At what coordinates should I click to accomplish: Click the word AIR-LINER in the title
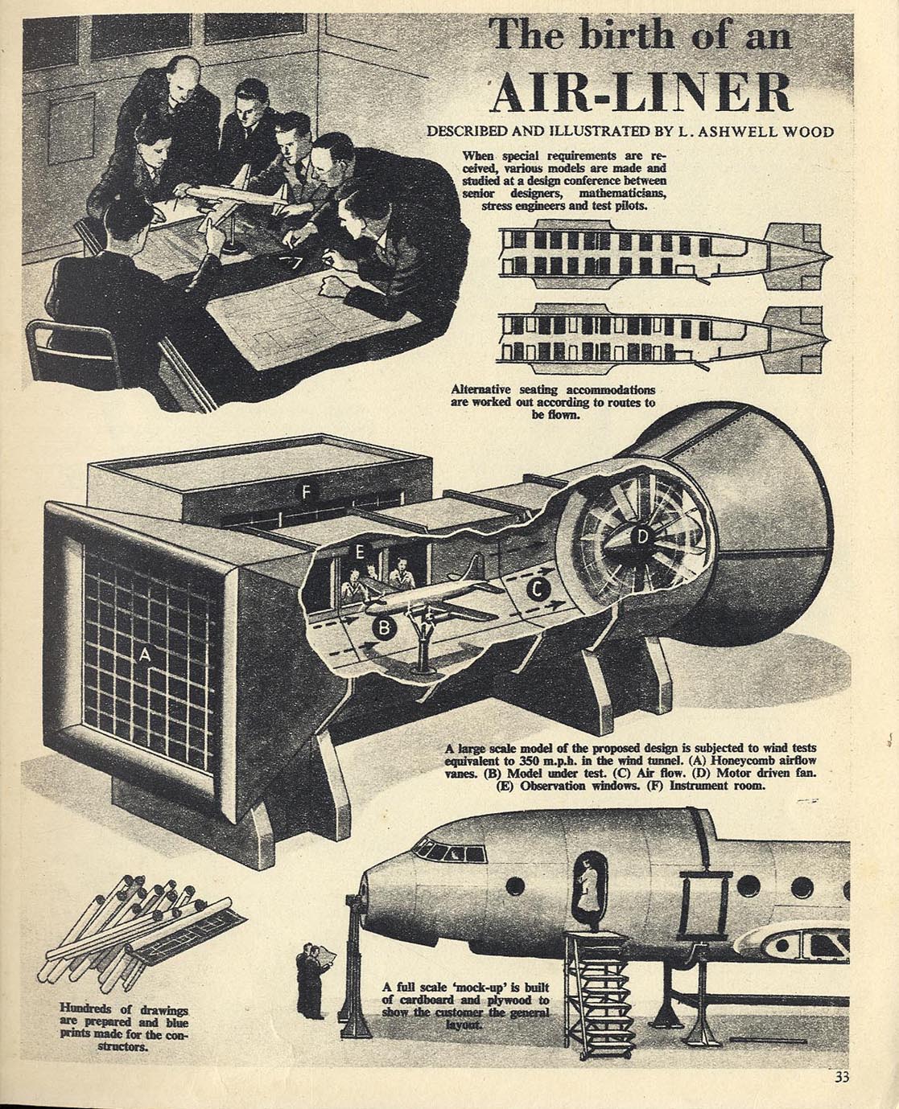click(641, 94)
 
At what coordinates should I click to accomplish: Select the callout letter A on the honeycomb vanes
click(145, 656)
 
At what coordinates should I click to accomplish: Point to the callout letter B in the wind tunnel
click(384, 629)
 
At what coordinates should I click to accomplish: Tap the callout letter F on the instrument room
click(306, 492)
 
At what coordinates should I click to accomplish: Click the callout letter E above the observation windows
click(359, 552)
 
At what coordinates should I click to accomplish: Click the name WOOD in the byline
click(806, 132)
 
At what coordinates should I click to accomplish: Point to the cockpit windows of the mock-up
click(449, 852)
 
